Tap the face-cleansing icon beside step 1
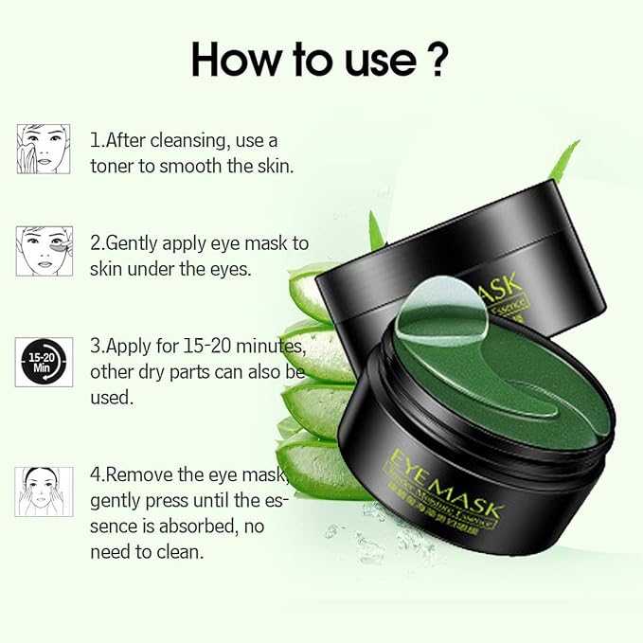(44, 149)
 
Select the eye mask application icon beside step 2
(44, 251)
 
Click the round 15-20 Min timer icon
(44, 362)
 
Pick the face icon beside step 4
(44, 491)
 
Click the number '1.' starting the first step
(97, 140)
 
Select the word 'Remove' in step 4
(142, 474)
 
